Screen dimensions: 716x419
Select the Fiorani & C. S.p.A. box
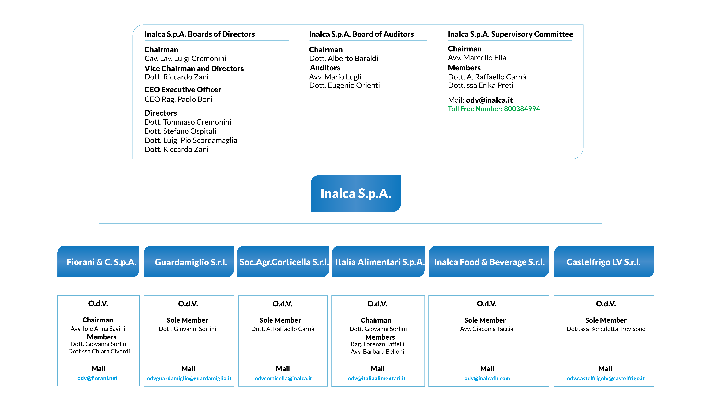[98, 262]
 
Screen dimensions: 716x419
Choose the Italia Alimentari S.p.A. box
[378, 262]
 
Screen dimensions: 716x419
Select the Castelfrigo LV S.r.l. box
[604, 262]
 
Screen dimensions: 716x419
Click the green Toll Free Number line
[494, 109]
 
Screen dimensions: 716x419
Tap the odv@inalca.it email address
[489, 100]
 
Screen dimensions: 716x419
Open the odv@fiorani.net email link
[97, 378]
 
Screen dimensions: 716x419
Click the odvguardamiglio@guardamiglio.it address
[189, 378]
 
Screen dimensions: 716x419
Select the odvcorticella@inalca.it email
[283, 378]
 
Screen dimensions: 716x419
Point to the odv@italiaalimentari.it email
[376, 378]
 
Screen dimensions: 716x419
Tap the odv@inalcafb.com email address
[487, 378]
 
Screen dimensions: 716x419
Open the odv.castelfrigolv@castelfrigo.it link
[606, 378]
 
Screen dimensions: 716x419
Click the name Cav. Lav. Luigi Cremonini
[185, 59]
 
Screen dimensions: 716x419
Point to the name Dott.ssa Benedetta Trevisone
[606, 329]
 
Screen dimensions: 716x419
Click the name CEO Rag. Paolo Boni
[178, 99]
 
